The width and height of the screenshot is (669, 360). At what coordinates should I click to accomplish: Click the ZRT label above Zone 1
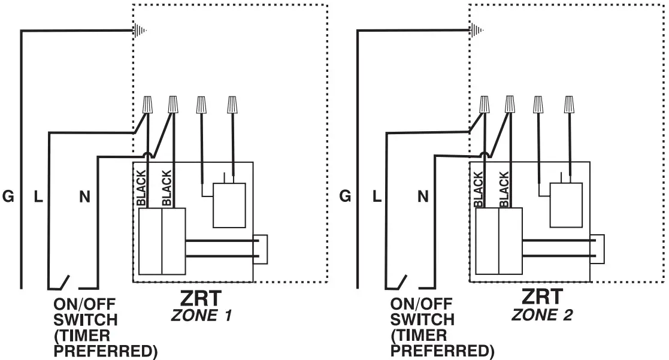201,297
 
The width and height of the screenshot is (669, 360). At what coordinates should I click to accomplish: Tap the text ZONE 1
201,315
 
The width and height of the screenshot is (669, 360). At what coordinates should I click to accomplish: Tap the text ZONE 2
542,314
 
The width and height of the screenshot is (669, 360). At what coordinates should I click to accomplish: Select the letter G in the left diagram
8,196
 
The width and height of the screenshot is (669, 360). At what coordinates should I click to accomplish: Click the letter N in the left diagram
84,196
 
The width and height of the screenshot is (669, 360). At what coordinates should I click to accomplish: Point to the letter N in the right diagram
423,196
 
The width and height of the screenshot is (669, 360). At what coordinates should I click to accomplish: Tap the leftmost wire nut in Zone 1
147,105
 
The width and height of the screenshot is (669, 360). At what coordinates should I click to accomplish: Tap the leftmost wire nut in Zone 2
484,105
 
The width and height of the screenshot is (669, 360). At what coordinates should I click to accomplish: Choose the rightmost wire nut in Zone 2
569,105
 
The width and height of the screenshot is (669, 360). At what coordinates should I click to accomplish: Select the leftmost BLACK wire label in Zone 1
141,189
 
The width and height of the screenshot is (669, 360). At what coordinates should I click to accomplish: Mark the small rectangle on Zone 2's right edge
598,249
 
